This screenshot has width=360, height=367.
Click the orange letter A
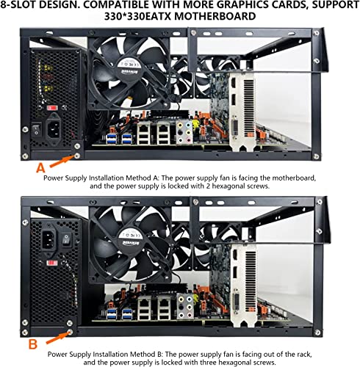41,168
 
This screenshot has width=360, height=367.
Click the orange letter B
33,344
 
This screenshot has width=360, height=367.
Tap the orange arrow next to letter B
58,337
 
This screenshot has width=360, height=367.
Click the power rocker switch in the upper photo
36,129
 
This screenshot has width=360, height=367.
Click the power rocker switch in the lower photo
66,239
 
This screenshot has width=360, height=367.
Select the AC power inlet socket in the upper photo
53,130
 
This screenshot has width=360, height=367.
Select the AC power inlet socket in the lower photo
48,240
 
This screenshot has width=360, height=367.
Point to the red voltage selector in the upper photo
52,108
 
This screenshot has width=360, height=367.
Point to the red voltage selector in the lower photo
52,264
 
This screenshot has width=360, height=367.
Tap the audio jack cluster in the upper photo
184,132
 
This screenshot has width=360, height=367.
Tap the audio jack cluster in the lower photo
185,307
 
